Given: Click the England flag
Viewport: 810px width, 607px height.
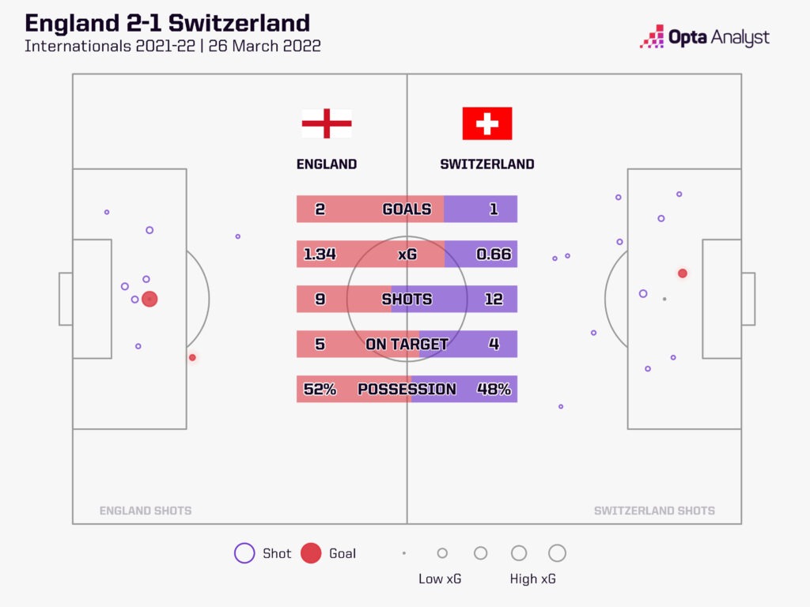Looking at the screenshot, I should click(326, 124).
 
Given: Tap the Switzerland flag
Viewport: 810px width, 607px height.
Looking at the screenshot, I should click(487, 123).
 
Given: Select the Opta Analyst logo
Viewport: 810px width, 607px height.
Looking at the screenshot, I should click(704, 37).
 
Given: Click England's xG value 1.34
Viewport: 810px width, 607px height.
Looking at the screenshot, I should click(320, 254).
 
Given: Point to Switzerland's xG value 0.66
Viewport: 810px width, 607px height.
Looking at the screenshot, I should click(494, 254).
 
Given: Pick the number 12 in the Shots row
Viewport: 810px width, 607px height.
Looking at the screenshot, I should click(494, 300).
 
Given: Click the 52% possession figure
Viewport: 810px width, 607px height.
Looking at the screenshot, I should click(320, 390).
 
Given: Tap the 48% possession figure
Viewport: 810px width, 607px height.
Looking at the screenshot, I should click(494, 390).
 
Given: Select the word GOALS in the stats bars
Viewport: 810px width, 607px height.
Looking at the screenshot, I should click(407, 209).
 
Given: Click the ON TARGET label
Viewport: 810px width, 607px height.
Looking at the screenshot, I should click(407, 345).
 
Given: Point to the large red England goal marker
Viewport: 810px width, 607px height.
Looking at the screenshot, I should click(150, 299).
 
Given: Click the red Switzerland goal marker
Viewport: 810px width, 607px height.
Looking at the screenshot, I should click(682, 273).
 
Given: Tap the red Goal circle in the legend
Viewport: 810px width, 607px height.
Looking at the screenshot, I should click(311, 553).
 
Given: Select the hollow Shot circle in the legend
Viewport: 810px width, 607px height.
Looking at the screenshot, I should click(244, 553).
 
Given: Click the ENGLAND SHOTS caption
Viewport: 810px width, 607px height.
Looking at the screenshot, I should click(146, 511).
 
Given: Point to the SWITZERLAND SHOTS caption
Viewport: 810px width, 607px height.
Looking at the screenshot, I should click(654, 511).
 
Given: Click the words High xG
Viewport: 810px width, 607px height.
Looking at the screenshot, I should click(532, 579).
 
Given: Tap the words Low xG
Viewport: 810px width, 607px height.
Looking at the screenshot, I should click(439, 579).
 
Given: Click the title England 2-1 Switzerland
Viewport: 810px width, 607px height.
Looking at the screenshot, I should click(167, 22).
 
